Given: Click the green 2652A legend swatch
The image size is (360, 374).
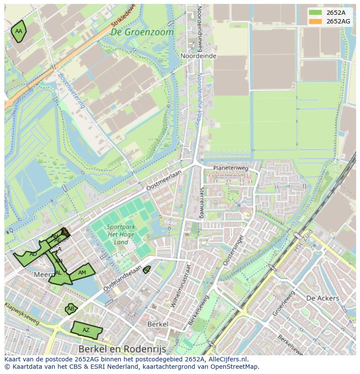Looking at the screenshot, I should [316, 13].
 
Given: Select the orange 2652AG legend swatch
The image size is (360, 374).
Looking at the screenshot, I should [316, 21].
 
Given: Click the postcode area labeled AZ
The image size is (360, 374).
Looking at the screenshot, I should [86, 330].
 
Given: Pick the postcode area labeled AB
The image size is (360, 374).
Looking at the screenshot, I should [70, 309].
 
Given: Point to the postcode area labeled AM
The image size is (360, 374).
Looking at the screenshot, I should [82, 273].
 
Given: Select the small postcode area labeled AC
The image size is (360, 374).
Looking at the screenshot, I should [147, 270].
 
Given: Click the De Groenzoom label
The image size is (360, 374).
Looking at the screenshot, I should [142, 32].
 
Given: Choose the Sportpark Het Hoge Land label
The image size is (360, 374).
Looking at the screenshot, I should [121, 235].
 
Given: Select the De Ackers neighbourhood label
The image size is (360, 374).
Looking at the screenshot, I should [322, 298].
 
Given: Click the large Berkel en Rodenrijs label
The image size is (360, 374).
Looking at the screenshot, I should [123, 349].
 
